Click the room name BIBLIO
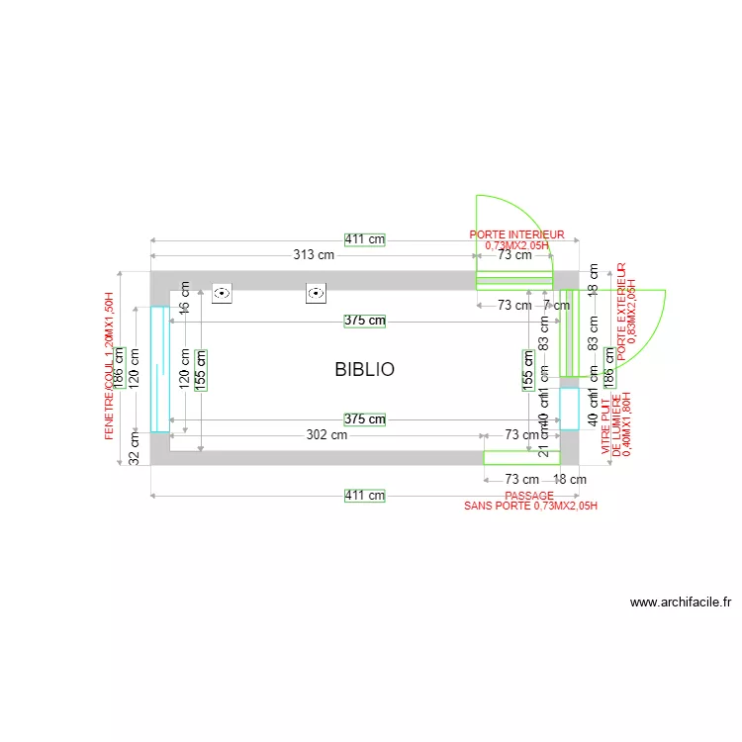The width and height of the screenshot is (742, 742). click(x=364, y=369)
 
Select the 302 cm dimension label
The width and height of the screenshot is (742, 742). click(x=325, y=434)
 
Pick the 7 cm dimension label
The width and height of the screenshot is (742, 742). click(x=556, y=306)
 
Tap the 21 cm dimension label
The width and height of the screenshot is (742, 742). click(x=543, y=447)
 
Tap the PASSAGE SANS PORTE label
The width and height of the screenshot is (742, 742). click(x=530, y=500)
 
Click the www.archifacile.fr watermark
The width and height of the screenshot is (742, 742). click(x=681, y=602)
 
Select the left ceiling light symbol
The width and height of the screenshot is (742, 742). click(x=222, y=294)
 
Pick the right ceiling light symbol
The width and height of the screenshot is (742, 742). click(x=316, y=294)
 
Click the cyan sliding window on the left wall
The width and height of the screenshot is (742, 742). click(x=159, y=369)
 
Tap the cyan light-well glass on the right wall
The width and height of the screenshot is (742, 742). click(x=569, y=408)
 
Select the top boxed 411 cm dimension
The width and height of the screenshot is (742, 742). click(x=364, y=239)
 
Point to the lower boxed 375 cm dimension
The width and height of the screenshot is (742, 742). click(x=364, y=419)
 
